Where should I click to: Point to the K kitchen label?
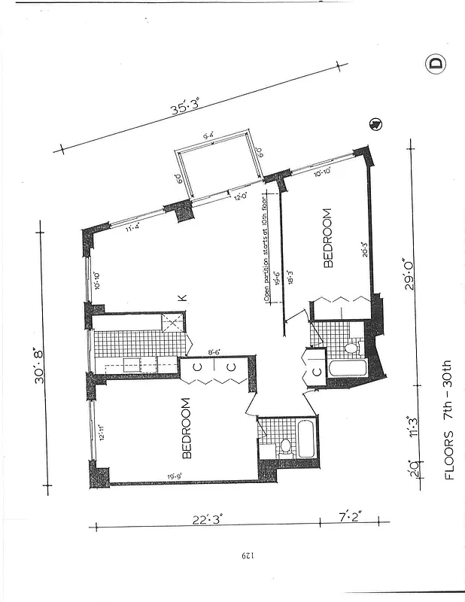(181, 299)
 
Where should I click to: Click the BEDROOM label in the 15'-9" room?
(187, 428)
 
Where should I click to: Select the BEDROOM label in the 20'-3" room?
(328, 239)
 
